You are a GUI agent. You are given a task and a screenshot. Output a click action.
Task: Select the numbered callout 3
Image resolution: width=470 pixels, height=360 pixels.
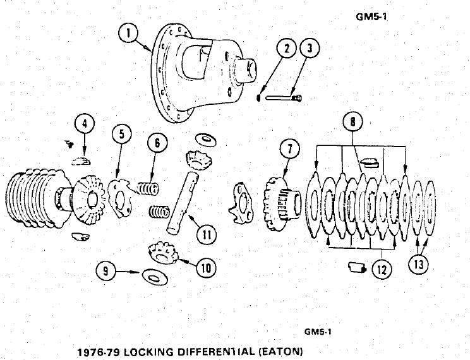(310, 49)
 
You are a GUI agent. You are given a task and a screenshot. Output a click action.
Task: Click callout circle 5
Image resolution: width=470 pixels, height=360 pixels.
(123, 135)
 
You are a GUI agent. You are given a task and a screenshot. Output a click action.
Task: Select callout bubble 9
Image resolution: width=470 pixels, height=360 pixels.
(105, 271)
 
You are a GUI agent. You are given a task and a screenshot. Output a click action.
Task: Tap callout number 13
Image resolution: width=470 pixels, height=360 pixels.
(418, 265)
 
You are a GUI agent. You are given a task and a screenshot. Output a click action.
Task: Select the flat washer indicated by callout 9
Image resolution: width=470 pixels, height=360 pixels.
(152, 275)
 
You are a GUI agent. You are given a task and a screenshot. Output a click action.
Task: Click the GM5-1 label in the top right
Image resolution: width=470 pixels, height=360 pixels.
(371, 18)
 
